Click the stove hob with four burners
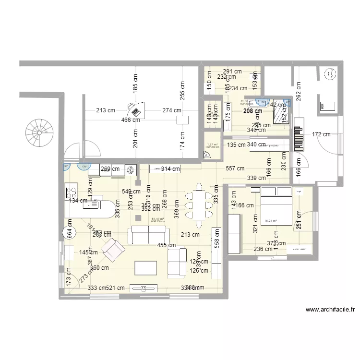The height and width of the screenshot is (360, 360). [72, 193]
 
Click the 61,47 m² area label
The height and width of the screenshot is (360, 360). [157, 219]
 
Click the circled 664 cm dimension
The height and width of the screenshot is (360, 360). [69, 233]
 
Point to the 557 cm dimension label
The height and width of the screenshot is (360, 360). [235, 168]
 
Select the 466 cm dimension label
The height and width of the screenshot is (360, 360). [130, 120]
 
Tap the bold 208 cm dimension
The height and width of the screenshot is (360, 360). [252, 111]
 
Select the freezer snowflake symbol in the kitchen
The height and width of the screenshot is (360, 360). [130, 169]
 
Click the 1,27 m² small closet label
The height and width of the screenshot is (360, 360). [212, 145]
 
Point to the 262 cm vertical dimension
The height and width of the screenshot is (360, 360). [299, 90]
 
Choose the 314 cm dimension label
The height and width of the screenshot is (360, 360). [170, 168]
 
